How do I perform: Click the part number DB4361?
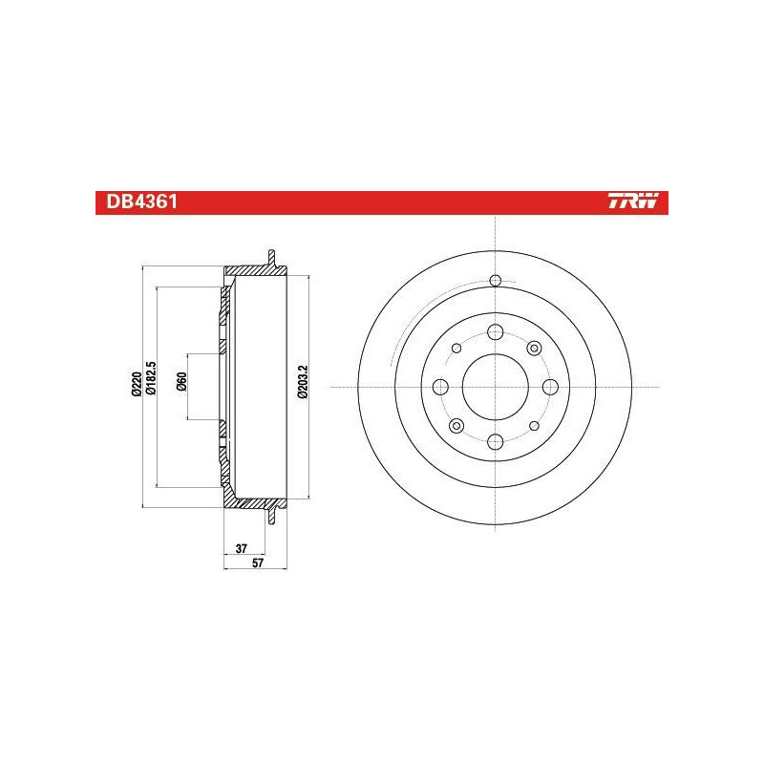click(x=141, y=202)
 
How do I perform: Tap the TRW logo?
click(x=633, y=201)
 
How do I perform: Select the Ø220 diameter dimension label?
click(x=136, y=384)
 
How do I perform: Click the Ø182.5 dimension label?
click(x=151, y=377)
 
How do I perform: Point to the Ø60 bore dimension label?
click(x=181, y=381)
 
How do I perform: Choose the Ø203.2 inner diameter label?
click(x=303, y=381)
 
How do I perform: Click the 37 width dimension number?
click(x=242, y=548)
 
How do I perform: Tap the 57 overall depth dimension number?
click(x=258, y=562)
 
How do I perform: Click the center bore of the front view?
click(x=495, y=388)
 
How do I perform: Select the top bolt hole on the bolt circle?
click(x=495, y=332)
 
